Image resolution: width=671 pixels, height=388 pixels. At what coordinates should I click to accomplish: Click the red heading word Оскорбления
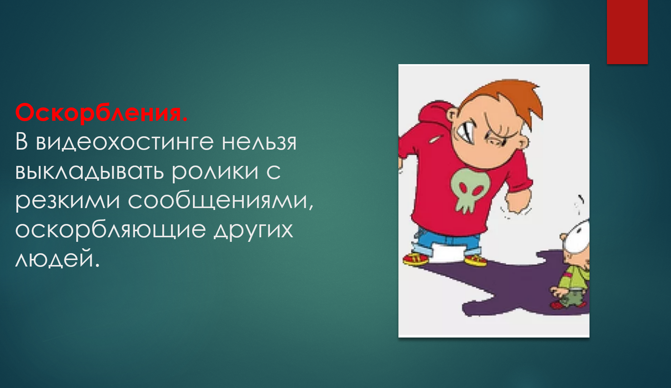102,113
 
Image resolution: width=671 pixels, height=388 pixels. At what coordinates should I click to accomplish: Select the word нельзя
259,142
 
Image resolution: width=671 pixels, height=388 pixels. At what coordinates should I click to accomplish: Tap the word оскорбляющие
110,230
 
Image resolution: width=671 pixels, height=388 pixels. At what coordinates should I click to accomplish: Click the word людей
57,259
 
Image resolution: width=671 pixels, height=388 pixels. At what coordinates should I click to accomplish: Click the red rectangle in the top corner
627,32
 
